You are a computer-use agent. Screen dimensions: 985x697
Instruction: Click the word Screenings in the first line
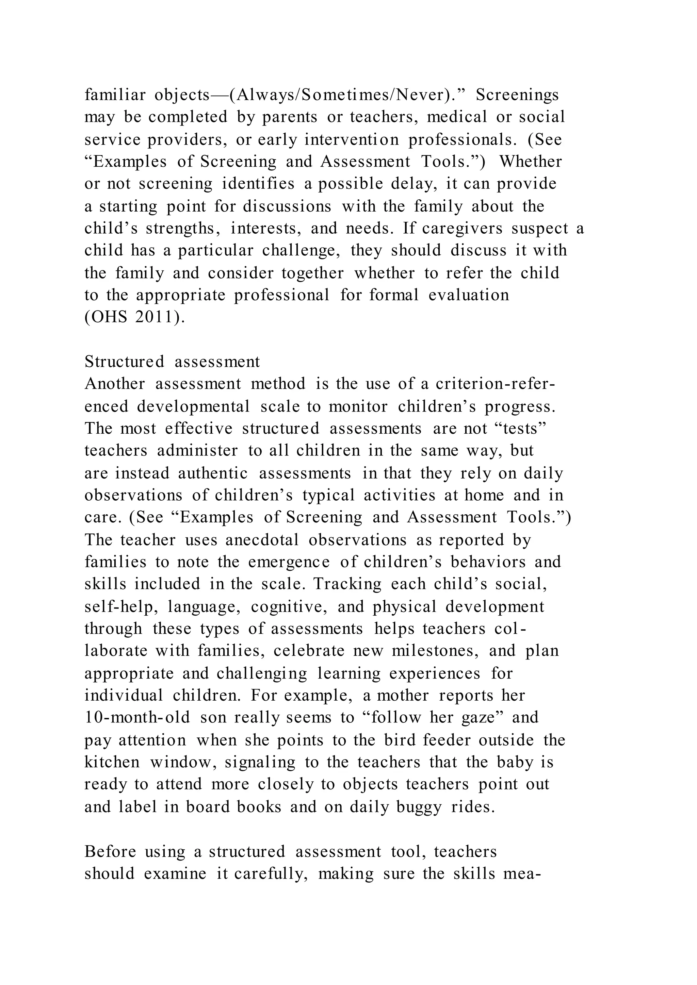pyautogui.click(x=517, y=95)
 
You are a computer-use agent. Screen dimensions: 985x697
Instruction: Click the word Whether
pyautogui.click(x=531, y=162)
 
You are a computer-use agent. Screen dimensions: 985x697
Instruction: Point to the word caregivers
pyautogui.click(x=462, y=228)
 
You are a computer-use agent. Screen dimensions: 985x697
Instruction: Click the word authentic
pyautogui.click(x=213, y=473)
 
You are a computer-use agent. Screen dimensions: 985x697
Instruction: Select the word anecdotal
pyautogui.click(x=262, y=540)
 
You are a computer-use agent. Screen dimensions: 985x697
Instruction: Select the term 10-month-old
pyautogui.click(x=137, y=718)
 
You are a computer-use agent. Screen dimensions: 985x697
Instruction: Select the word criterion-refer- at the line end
pyautogui.click(x=495, y=384)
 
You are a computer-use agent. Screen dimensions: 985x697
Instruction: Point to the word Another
pyautogui.click(x=115, y=384)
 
